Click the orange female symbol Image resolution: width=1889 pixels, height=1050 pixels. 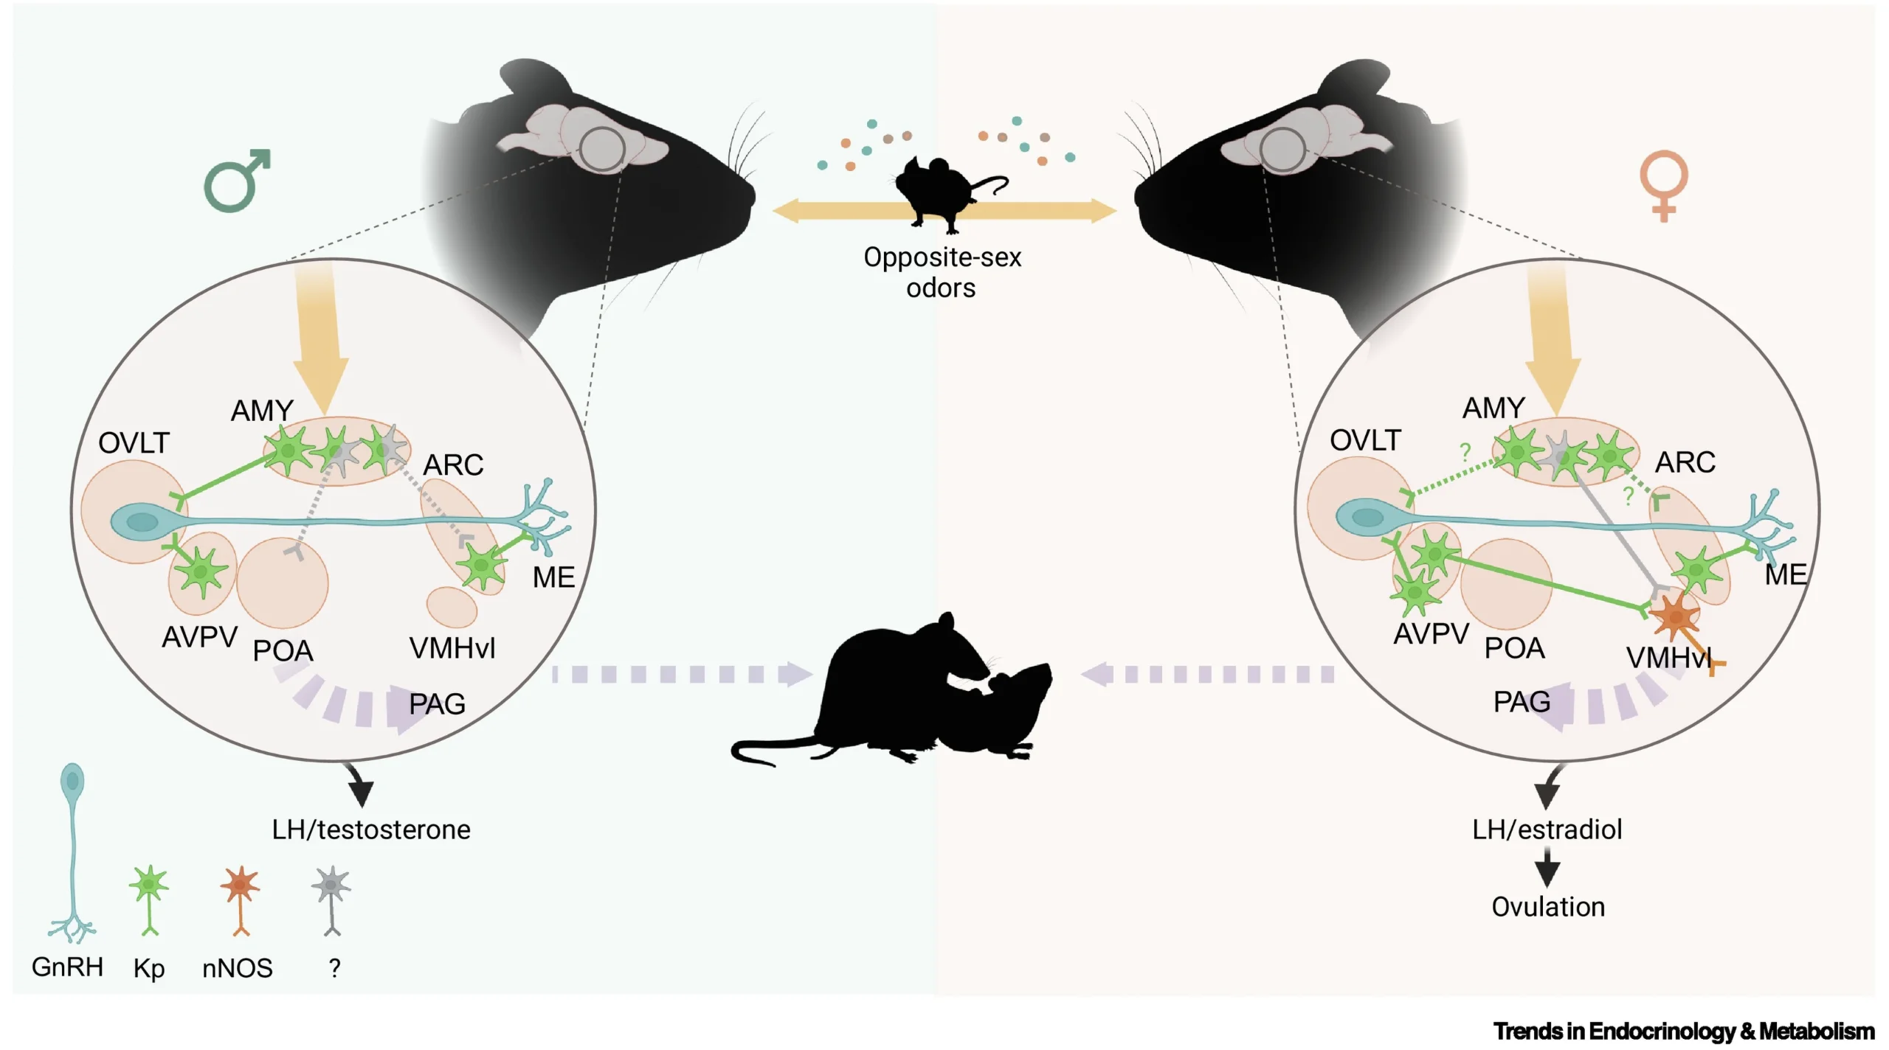(1663, 185)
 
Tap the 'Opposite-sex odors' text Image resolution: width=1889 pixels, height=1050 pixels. (942, 272)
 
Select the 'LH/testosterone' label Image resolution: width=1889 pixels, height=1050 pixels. (370, 830)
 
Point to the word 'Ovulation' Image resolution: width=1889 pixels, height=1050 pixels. (1548, 907)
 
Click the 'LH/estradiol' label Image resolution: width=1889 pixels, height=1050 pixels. (1547, 830)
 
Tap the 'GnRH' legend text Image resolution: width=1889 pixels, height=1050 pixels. (67, 967)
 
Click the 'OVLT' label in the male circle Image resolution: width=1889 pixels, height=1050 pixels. (134, 443)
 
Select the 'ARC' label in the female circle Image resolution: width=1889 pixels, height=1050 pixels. (1685, 462)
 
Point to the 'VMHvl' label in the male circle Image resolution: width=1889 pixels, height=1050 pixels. (452, 649)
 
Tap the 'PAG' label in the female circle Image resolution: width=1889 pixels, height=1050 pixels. (1522, 702)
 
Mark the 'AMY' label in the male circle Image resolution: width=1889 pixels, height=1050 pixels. (262, 411)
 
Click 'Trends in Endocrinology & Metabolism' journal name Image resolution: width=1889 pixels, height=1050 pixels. (1683, 1031)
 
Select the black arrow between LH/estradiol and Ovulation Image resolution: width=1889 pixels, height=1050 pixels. (1547, 867)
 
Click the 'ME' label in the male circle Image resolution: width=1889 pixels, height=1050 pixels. (553, 577)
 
